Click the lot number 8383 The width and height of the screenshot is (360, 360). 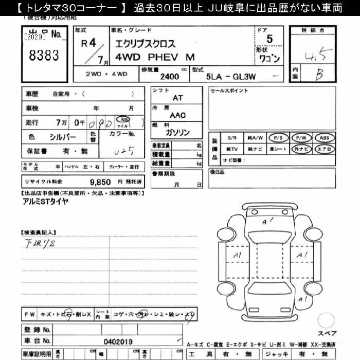point(45,56)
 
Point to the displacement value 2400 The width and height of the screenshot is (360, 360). point(170,77)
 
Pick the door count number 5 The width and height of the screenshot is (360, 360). point(269,39)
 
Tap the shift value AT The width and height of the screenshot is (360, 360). point(177,97)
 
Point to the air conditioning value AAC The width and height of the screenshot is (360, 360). point(177,116)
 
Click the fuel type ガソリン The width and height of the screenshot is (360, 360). point(177,132)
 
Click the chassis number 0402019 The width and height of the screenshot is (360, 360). point(118,340)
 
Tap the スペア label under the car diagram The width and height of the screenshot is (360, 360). point(328,333)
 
